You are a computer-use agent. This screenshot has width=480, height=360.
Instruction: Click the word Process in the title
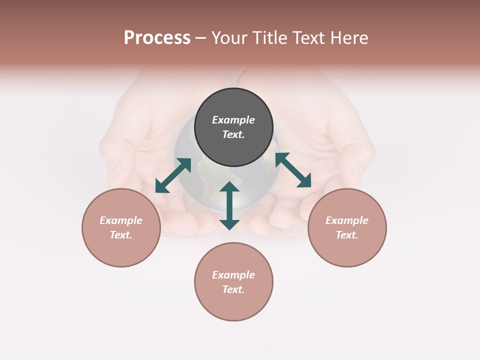click(x=157, y=38)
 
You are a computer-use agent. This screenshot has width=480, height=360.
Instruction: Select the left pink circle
click(x=121, y=250)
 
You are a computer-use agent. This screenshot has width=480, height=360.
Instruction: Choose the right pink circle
click(x=347, y=250)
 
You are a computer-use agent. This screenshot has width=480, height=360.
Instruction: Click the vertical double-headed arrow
click(x=229, y=205)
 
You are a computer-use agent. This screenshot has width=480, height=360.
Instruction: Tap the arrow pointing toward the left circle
click(x=173, y=175)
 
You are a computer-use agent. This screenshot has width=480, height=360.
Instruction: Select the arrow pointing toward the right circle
click(x=293, y=170)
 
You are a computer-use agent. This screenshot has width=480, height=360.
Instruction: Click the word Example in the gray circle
click(x=233, y=120)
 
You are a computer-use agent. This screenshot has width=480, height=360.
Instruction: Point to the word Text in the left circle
click(x=121, y=235)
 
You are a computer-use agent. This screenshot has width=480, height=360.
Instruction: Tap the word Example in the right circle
click(x=347, y=220)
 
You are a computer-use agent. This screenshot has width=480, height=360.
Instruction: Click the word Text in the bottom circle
click(x=233, y=289)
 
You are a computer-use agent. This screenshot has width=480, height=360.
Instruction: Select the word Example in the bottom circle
click(x=233, y=275)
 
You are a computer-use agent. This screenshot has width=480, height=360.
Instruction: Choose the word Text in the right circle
click(x=347, y=235)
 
